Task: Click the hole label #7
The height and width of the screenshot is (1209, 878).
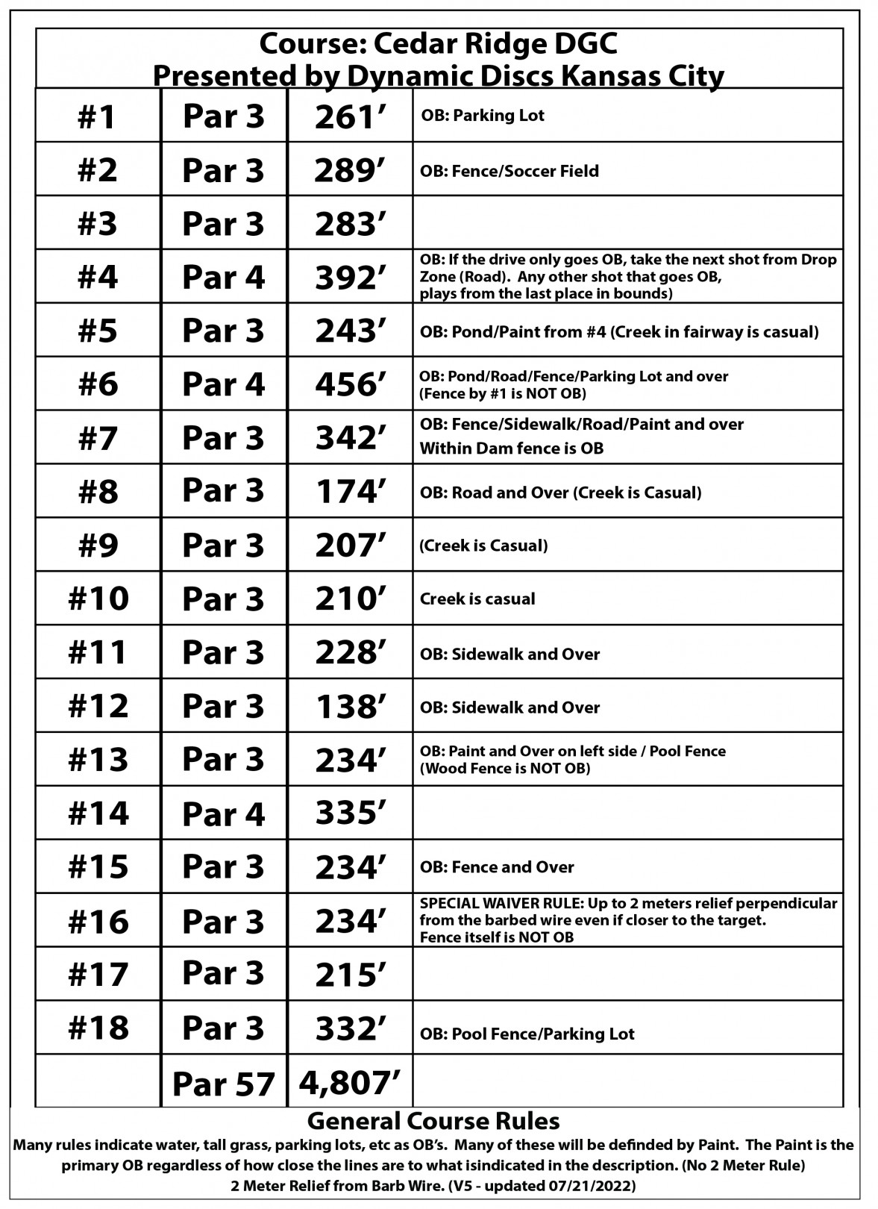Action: click(98, 438)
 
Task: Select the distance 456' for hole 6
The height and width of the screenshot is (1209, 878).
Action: click(350, 384)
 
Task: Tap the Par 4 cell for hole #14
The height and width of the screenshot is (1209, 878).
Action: click(223, 813)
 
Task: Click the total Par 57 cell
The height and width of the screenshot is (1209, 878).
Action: click(223, 1084)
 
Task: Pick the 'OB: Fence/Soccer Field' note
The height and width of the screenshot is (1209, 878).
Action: click(509, 171)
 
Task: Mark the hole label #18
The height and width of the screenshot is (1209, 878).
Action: click(98, 1028)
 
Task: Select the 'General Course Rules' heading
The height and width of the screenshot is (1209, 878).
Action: click(433, 1120)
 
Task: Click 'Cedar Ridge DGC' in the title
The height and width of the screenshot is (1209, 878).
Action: click(495, 46)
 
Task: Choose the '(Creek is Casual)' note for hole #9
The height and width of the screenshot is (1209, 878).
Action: click(483, 546)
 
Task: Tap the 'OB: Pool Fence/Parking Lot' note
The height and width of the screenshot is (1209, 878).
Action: click(527, 1034)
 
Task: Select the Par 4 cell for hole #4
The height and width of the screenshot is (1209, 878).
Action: click(223, 278)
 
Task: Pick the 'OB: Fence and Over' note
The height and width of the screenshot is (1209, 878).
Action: click(497, 867)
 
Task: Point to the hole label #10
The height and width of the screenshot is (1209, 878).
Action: click(98, 599)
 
